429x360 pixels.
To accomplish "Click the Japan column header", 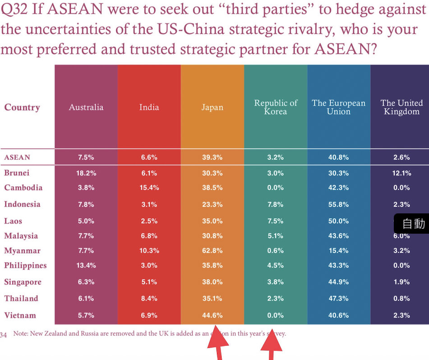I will (212, 107).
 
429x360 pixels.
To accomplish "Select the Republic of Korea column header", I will (276, 107).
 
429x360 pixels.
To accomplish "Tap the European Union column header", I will (338, 107).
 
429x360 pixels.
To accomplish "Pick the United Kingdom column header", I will (401, 107).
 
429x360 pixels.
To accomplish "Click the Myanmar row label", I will (23, 251).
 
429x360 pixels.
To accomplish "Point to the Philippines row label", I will (25, 266).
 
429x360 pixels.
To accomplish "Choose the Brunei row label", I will (17, 173).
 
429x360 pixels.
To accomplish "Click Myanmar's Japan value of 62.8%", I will (212, 251).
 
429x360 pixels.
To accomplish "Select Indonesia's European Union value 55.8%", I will (338, 204).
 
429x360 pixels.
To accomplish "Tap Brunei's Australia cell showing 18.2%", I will (85, 173).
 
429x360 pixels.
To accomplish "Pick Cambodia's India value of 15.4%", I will (149, 188).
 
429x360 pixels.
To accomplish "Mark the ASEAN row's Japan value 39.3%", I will (212, 157).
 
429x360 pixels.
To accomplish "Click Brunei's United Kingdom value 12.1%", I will (401, 173).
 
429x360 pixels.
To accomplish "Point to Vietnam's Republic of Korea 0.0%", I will (275, 315).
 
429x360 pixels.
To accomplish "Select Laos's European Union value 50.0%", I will (338, 221).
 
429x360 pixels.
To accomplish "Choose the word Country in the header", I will (22, 107).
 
